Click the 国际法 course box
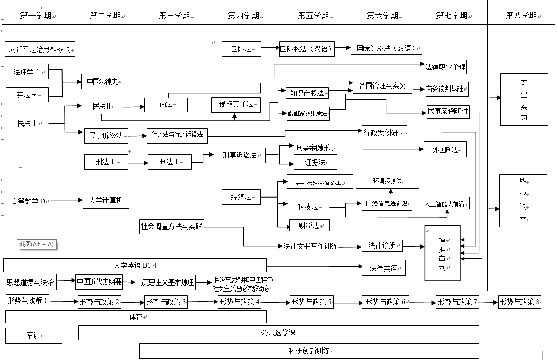tap(241, 49)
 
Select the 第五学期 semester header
tap(313, 16)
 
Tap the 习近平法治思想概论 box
tap(40, 49)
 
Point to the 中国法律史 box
tap(102, 82)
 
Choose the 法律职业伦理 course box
tap(446, 67)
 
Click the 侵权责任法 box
tap(236, 104)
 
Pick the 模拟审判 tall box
tap(442, 253)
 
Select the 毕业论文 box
tap(523, 200)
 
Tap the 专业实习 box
tap(524, 99)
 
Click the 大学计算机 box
tap(105, 201)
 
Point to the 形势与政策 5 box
tap(312, 302)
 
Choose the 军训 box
tap(33, 336)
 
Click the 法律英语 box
tap(383, 268)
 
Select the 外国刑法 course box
tap(445, 149)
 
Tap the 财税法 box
tap(309, 226)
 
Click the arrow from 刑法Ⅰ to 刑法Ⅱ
tap(138, 163)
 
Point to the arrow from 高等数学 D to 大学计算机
tap(66, 200)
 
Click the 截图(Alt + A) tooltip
tap(36, 244)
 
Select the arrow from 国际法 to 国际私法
tap(270, 48)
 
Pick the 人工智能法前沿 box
tap(445, 203)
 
